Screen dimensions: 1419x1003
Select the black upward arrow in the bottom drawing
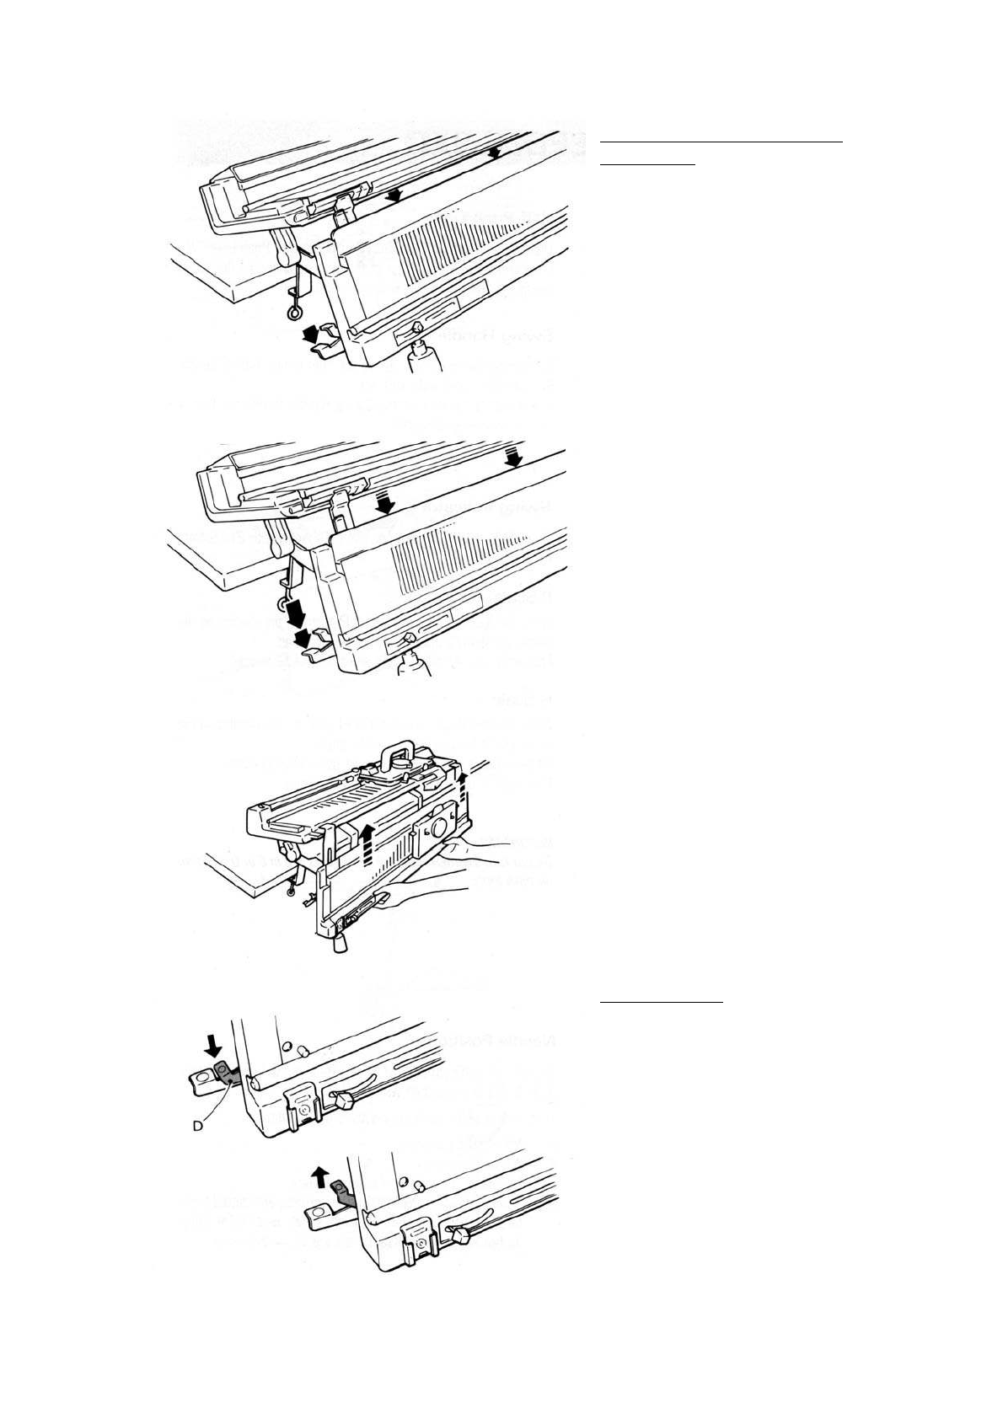(x=319, y=1175)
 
